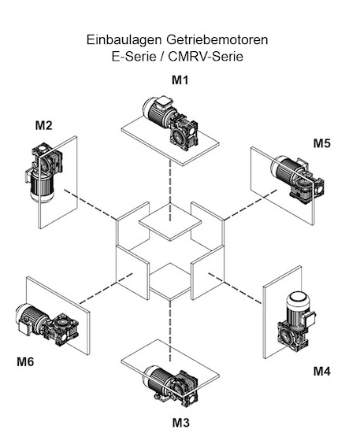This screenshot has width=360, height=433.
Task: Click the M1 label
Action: tap(180, 80)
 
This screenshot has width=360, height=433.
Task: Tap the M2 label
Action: tap(43, 126)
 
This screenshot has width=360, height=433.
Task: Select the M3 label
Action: tap(181, 423)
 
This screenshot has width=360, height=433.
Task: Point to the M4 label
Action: tap(322, 372)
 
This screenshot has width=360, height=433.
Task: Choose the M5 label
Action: tap(322, 143)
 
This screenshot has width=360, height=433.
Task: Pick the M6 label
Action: tap(25, 361)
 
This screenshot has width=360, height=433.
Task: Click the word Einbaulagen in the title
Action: tap(124, 40)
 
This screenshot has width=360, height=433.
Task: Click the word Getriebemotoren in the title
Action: tap(217, 40)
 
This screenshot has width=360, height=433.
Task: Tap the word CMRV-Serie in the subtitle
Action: tap(206, 57)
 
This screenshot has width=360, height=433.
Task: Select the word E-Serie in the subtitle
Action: tap(134, 57)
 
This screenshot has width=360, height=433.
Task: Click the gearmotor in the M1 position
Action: tap(170, 122)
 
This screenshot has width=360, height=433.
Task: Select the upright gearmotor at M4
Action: tap(296, 322)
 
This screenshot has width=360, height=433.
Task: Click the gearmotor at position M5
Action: tap(297, 179)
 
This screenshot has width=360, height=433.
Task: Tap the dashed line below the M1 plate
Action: tap(170, 191)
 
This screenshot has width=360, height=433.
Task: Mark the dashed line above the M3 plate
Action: tap(170, 331)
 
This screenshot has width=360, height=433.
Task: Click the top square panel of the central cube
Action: tap(170, 222)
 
